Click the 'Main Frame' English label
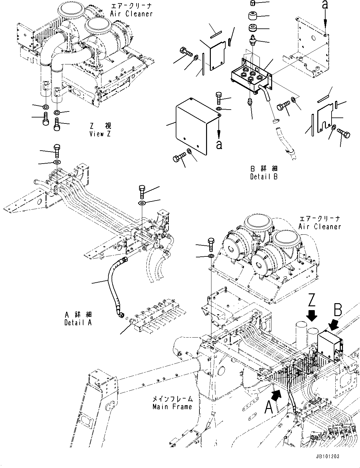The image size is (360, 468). coord(172,407)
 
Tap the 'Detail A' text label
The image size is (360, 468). coord(78,323)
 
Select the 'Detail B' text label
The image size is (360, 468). coord(264,177)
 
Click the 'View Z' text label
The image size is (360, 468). coord(100,134)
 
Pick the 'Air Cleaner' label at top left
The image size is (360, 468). coord(131,14)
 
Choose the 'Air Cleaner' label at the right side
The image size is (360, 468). coord(320,226)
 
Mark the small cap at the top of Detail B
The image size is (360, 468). coord(253,3)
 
